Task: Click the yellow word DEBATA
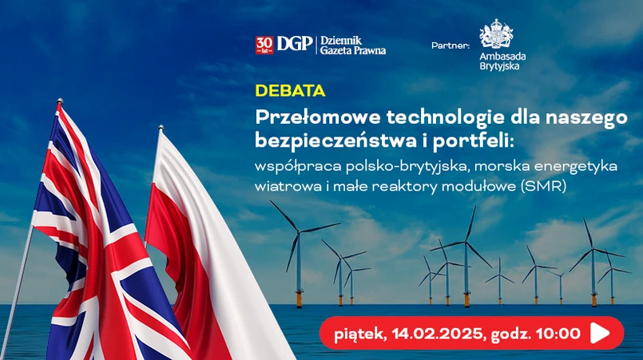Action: pyautogui.click(x=290, y=91)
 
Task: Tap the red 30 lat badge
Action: pyautogui.click(x=264, y=45)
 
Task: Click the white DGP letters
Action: pyautogui.click(x=295, y=44)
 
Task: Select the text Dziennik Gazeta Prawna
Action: pyautogui.click(x=353, y=45)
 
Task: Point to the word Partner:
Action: pyautogui.click(x=450, y=45)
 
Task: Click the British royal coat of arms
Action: pyautogui.click(x=496, y=34)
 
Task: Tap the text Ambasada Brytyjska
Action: pyautogui.click(x=502, y=61)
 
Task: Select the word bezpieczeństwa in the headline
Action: pyautogui.click(x=331, y=140)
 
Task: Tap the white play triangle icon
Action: pyautogui.click(x=599, y=333)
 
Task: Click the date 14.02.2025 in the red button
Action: pyautogui.click(x=437, y=334)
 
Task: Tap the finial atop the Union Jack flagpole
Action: pyautogui.click(x=60, y=101)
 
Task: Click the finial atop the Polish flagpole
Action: pyautogui.click(x=161, y=128)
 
